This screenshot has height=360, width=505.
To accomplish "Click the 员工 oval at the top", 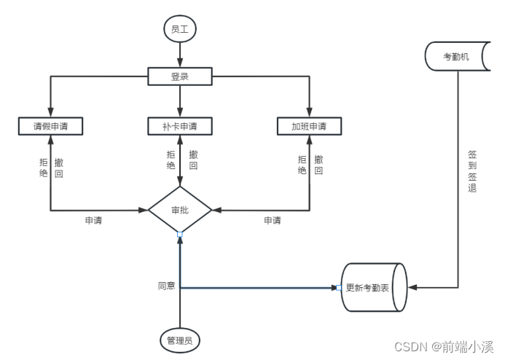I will [179, 30].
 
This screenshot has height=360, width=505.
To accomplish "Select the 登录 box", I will [179, 76].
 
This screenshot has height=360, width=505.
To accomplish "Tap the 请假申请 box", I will [50, 126].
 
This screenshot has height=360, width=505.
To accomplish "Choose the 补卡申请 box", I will [179, 126].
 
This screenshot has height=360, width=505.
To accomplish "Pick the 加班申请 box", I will [309, 126].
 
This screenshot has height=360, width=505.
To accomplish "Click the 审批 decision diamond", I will [179, 210].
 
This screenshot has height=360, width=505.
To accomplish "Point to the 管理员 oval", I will [179, 340].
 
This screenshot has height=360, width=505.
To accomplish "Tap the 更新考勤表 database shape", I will [372, 288].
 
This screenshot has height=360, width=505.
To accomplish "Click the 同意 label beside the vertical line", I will [166, 286].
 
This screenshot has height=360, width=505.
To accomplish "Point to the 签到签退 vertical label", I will [472, 171].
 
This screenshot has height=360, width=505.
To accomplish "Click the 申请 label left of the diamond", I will [93, 221].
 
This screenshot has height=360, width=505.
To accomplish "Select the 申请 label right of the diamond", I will [272, 221].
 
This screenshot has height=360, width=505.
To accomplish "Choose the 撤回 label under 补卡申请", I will [193, 160].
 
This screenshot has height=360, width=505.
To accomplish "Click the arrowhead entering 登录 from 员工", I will [179, 64].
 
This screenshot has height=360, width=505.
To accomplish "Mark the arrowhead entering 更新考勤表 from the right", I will [412, 288].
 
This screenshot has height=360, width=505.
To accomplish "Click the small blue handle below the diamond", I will [179, 233].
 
